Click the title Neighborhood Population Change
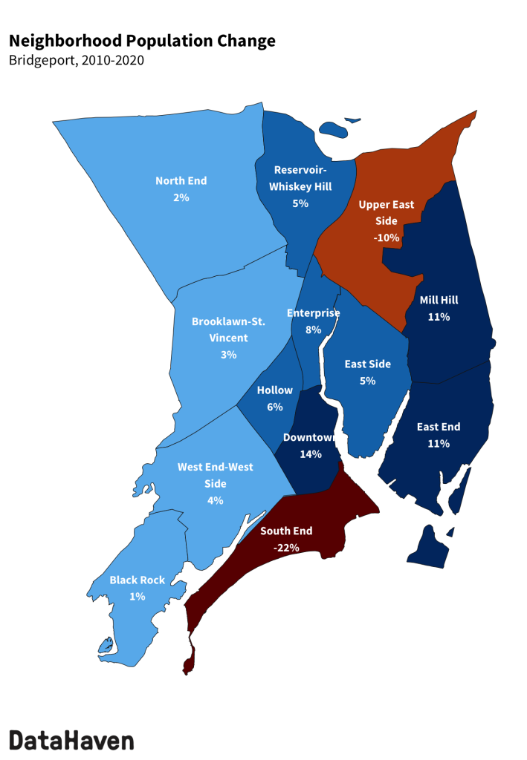point(142,41)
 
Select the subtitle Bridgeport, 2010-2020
point(76,60)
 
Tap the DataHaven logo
point(72,740)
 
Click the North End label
point(181,181)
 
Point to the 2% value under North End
point(181,198)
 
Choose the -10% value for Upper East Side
point(387,238)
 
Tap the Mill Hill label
point(439,301)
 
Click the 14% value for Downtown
point(311,454)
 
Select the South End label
point(286,531)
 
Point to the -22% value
point(286,548)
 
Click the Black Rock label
point(137,580)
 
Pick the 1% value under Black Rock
point(137,597)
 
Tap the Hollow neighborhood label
point(275,390)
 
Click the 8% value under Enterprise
point(313,330)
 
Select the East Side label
point(367,364)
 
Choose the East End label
point(438,427)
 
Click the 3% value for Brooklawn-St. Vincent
point(228,355)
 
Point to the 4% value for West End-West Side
point(216,500)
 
